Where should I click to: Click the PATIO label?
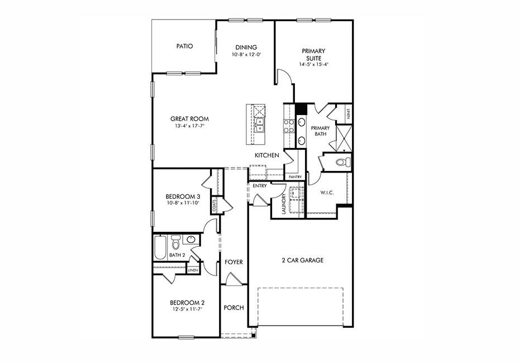[x=184, y=46]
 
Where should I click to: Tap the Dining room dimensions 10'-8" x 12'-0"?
[x=246, y=55]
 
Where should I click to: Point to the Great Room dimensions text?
[x=189, y=126]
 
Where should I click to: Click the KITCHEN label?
[x=266, y=155]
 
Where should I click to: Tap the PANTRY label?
[x=295, y=177]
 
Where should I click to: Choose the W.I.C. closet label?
[x=327, y=193]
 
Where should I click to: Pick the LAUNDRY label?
[x=284, y=204]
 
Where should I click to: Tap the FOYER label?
[x=233, y=262]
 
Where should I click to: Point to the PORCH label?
[x=234, y=308]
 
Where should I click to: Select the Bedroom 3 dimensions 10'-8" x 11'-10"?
[x=183, y=203]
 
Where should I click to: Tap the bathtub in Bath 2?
[x=160, y=247]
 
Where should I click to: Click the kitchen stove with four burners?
[x=289, y=126]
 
